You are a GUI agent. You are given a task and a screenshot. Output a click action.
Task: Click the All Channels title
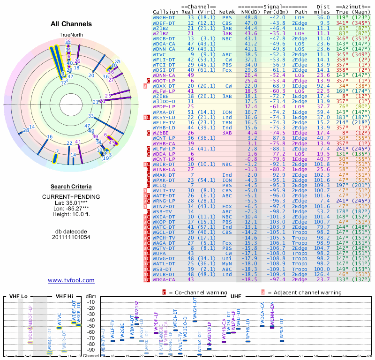71,24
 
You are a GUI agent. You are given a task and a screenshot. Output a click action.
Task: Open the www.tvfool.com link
71,280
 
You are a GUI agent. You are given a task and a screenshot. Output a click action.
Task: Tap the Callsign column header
166,11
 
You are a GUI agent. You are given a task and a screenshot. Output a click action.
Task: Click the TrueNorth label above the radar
70,35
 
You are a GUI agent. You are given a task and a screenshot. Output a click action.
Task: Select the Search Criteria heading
71,186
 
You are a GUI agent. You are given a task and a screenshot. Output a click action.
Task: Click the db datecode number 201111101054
71,237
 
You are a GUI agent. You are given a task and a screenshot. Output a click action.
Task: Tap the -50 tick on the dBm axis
91,326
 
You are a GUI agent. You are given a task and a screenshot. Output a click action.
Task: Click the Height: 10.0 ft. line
71,215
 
